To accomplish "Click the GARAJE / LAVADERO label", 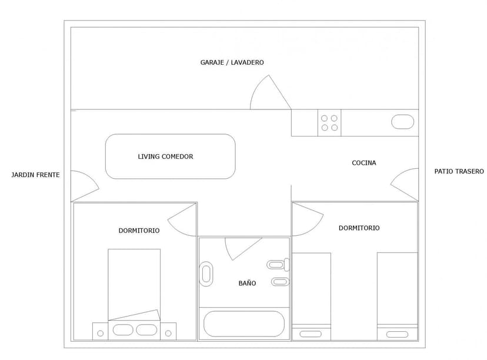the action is tap(232, 62).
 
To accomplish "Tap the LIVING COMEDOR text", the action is tap(165, 156).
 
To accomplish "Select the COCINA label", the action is tap(364, 163).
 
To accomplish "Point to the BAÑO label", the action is tap(247, 283).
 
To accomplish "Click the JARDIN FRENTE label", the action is tap(35, 175).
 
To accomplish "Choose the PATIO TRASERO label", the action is tap(459, 171).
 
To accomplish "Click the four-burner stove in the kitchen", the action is tap(329, 123).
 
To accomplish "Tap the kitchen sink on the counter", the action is tap(402, 122).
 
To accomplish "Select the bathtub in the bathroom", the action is tap(244, 324).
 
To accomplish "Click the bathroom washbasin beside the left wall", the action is tap(206, 274).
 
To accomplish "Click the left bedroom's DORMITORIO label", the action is tap(139, 231).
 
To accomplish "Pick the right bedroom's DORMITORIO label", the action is tap(359, 228).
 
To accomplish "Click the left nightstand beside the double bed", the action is tap(101, 331).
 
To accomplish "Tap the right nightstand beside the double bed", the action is tap(168, 331).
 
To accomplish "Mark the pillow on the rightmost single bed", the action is tap(397, 334).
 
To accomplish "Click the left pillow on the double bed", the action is tap(123, 330).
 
